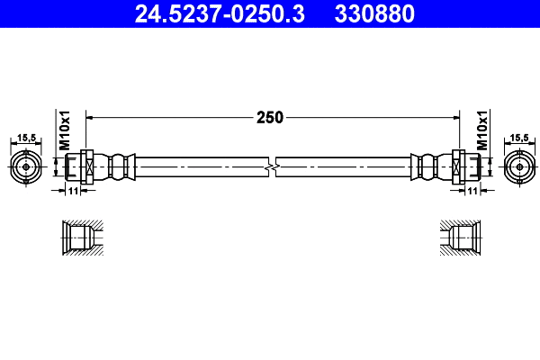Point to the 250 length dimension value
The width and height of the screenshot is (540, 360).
pos(270,117)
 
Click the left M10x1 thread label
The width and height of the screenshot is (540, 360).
pos(65,131)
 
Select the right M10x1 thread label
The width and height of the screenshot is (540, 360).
pos(481,131)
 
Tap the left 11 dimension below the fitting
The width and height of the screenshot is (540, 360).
pos(74,191)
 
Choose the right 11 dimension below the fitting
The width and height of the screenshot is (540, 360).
pos(471,191)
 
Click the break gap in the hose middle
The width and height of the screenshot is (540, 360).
pos(272,166)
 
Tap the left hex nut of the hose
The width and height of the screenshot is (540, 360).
pos(85,166)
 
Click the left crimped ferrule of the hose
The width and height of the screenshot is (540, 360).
pos(117,166)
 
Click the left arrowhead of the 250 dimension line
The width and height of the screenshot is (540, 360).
pos(90,117)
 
